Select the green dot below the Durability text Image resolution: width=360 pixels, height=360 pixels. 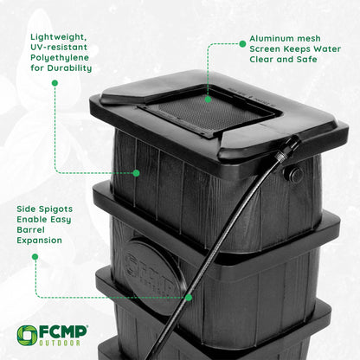click(55, 83)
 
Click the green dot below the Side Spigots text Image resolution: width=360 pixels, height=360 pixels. click(35, 256)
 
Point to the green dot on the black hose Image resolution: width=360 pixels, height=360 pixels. click(189, 297)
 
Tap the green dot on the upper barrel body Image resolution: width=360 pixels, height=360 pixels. click(137, 173)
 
